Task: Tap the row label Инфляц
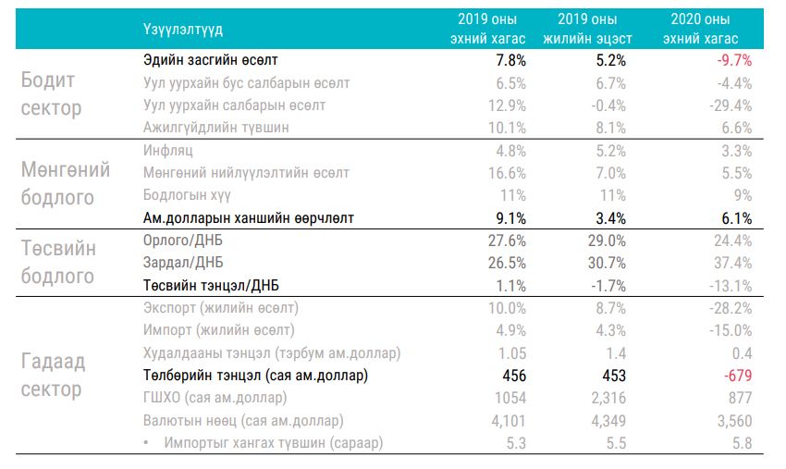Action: [x=169, y=150]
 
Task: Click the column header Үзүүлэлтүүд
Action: [x=183, y=30]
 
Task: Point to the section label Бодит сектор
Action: [x=52, y=94]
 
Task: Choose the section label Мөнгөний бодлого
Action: [x=65, y=184]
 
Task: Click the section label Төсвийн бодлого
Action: [x=58, y=263]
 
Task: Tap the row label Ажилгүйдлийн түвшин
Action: [x=216, y=128]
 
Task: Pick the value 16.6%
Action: [x=508, y=173]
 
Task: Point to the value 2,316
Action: [x=607, y=399]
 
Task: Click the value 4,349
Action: [x=607, y=421]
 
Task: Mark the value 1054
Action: [x=509, y=399]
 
